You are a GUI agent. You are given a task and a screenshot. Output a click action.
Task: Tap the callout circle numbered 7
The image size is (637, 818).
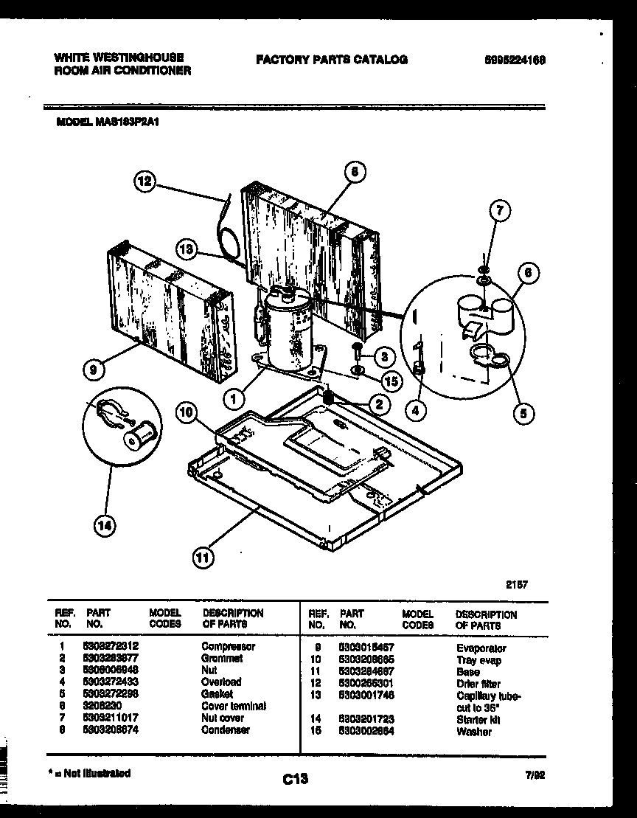tap(499, 212)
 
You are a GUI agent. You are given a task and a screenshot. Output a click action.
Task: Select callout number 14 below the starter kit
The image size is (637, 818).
tap(106, 525)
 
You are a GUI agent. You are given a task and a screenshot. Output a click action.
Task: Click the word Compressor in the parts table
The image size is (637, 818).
tap(228, 646)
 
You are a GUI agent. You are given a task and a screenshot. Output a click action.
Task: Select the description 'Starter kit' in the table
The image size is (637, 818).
tap(474, 720)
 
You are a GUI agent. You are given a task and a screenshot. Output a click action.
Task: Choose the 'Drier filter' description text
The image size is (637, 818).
tap(478, 684)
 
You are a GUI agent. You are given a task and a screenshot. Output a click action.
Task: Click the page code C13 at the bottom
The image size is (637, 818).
tap(294, 778)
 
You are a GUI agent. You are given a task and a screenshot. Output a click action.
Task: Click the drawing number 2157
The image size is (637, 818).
tap(517, 583)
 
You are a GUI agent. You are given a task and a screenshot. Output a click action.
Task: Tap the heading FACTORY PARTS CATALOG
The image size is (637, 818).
tap(331, 60)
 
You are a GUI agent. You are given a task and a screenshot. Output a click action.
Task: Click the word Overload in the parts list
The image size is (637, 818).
tap(221, 682)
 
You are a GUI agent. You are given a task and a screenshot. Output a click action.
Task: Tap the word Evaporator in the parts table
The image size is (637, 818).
tap(481, 648)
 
